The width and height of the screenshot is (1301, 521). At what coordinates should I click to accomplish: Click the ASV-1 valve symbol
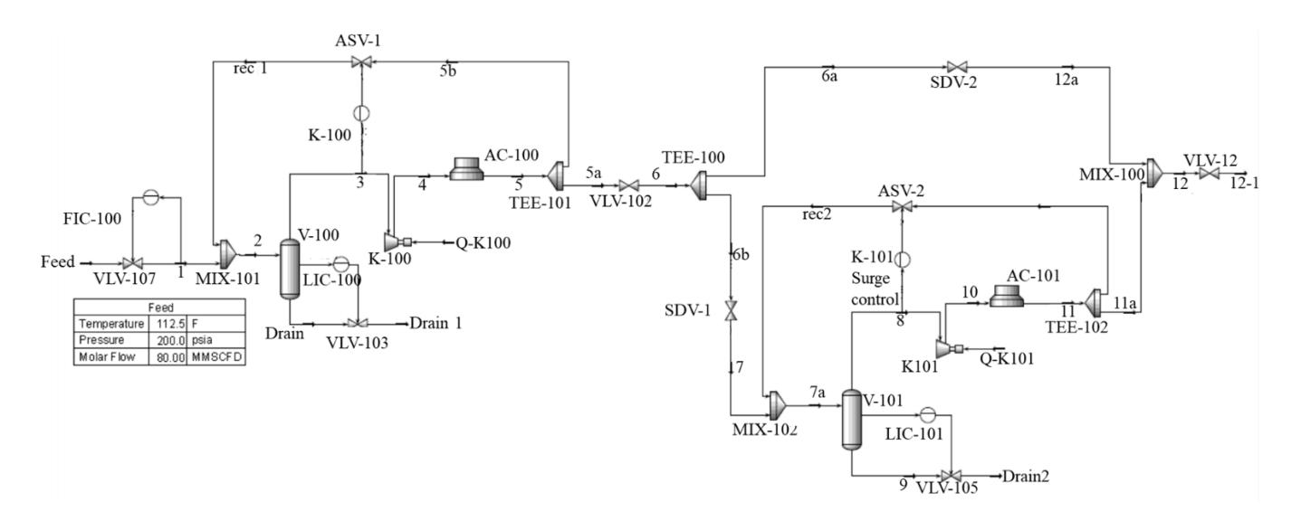[x=362, y=62]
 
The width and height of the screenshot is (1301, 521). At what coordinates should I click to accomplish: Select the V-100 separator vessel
[x=290, y=269]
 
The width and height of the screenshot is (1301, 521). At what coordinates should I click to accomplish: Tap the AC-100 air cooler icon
[x=466, y=168]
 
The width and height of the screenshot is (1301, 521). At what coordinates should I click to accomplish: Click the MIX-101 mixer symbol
[x=226, y=253]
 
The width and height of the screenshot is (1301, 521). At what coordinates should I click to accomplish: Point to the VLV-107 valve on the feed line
[x=133, y=263]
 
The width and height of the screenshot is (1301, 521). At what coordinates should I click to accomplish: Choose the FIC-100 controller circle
[x=150, y=197]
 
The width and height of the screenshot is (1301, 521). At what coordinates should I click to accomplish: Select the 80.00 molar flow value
[x=170, y=357]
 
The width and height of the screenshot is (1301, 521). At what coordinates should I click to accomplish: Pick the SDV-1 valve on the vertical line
[x=730, y=310]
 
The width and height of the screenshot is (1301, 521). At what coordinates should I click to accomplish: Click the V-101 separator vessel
[x=851, y=420]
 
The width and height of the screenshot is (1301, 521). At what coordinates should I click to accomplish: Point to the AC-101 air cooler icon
[x=1007, y=296]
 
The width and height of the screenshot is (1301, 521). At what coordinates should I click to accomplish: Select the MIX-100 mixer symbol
[x=1154, y=173]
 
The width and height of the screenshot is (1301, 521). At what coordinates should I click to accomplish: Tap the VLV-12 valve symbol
[x=1210, y=174]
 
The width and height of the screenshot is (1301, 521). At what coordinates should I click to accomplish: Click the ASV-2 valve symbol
[x=902, y=206]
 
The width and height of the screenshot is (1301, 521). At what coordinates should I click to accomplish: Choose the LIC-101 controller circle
[x=927, y=415]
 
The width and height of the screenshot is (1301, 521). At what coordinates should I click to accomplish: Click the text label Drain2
[x=1026, y=477]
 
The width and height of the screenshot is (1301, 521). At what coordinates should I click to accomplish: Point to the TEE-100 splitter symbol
[x=699, y=185]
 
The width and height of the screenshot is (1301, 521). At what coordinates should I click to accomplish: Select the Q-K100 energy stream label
[x=483, y=242]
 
